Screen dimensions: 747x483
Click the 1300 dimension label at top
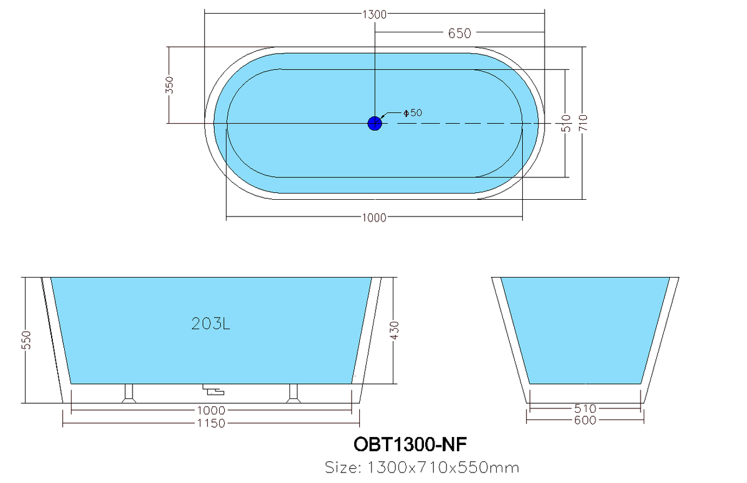tap(374, 15)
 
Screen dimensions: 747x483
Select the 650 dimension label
tap(459, 34)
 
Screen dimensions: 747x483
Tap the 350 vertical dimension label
tap(169, 85)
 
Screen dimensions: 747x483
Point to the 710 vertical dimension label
tap(584, 123)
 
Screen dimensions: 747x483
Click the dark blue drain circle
tap(375, 123)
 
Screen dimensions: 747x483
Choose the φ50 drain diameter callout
tap(413, 113)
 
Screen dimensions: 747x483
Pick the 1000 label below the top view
tap(374, 218)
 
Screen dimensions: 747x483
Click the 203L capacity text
tap(210, 324)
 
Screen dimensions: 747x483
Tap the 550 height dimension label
tap(26, 340)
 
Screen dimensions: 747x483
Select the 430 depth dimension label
tap(395, 331)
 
